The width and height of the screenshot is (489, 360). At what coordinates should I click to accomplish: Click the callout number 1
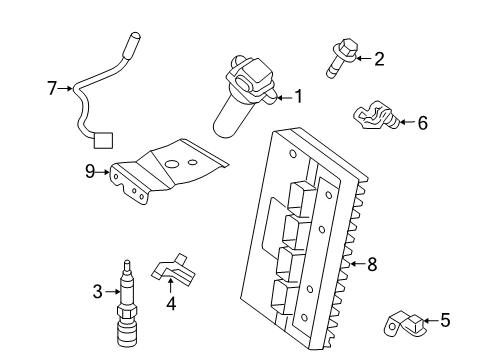point(298,97)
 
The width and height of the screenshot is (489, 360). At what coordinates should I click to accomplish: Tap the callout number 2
point(379,59)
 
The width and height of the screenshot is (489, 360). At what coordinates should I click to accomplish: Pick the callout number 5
point(445,321)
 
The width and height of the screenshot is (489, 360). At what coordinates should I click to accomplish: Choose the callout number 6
point(422,123)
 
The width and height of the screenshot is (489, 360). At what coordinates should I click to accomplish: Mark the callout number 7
point(52,89)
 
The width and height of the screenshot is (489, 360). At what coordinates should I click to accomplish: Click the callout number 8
point(372,264)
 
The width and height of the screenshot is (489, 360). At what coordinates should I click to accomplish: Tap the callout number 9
point(90,172)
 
